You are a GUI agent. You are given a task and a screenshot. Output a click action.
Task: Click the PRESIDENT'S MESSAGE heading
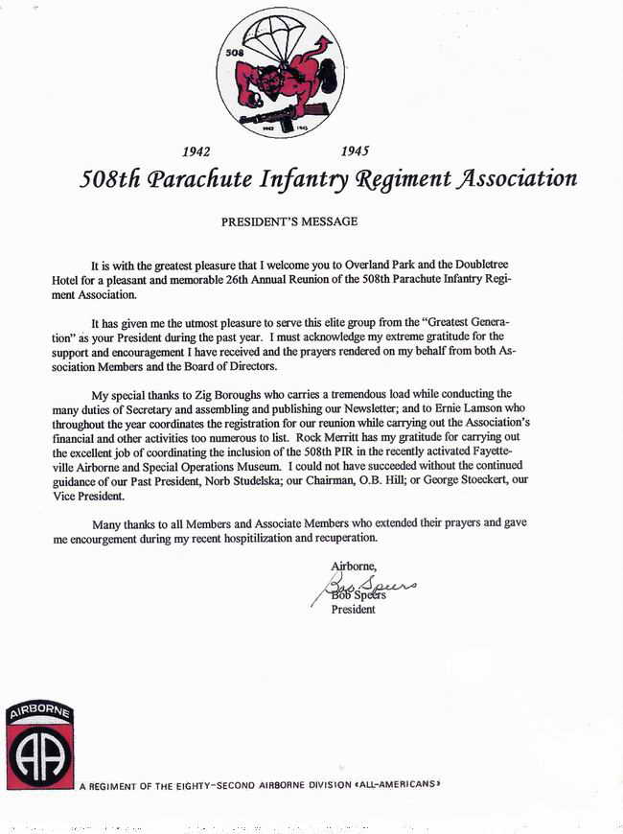point(289,222)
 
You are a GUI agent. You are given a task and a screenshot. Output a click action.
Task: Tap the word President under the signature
point(353,610)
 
